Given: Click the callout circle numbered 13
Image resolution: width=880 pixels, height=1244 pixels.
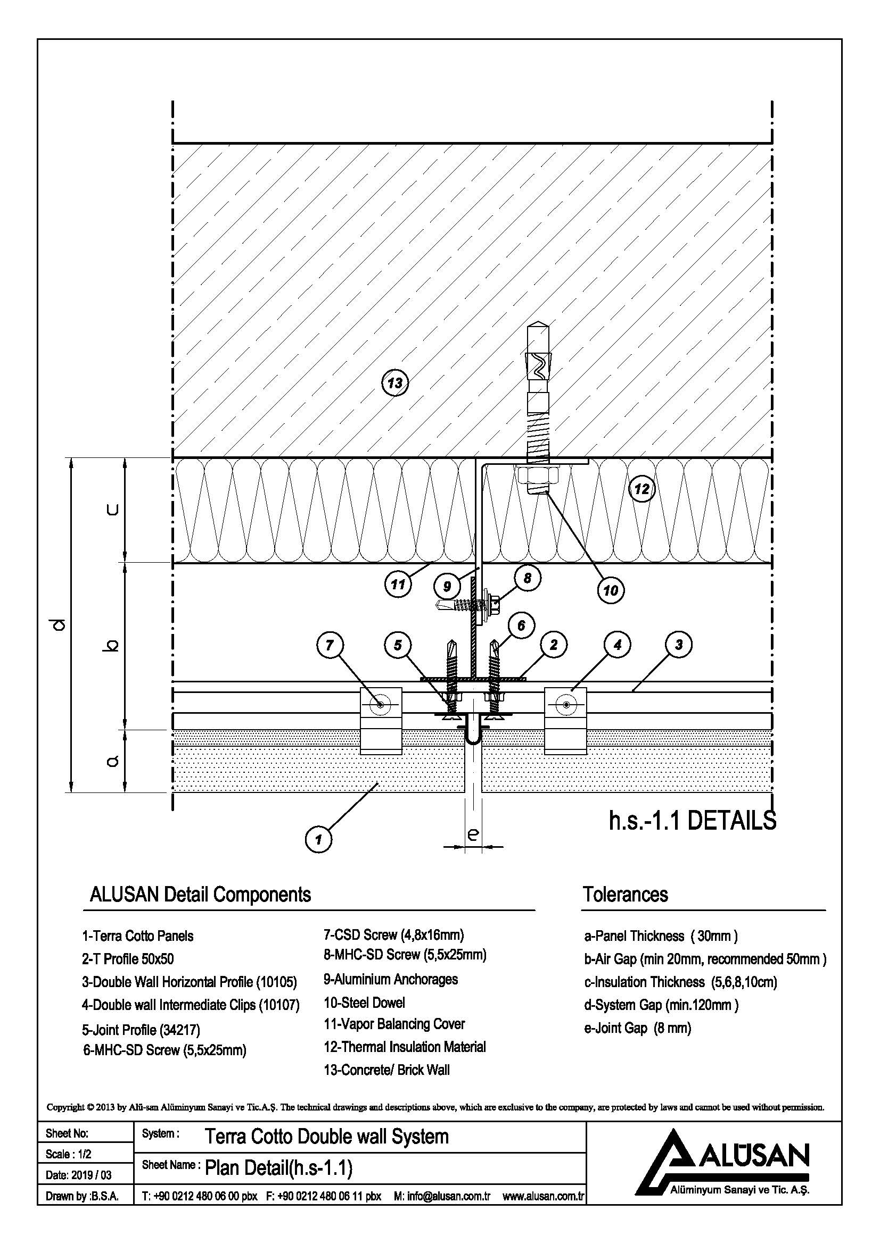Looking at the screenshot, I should [x=394, y=383].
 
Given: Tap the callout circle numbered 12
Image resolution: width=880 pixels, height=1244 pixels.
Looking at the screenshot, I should [x=642, y=489].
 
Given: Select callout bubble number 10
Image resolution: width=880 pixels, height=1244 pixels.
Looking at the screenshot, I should [x=611, y=590].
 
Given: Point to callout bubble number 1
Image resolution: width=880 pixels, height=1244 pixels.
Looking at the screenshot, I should [x=318, y=839].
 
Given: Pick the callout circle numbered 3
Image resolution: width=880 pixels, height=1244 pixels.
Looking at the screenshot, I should [x=678, y=644].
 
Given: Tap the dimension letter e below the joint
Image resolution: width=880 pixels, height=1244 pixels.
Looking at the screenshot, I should [x=472, y=834].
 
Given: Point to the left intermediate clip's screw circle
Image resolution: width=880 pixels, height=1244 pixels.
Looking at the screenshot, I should [x=380, y=704].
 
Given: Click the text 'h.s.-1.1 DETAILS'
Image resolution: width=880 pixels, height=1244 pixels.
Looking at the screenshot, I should [x=693, y=821].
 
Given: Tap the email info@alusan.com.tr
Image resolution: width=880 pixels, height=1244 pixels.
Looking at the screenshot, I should [x=443, y=1196].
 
